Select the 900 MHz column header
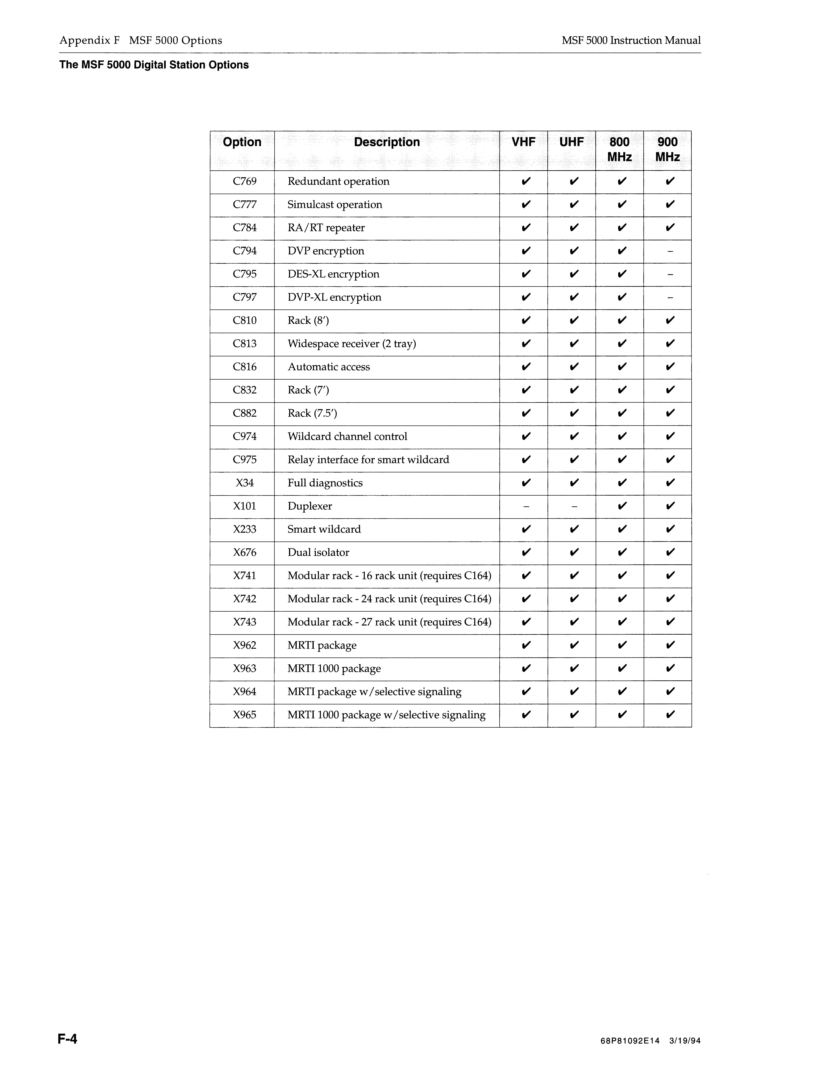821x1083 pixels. [x=667, y=149]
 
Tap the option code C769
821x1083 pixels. [x=245, y=182]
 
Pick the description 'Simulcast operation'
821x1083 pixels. [x=335, y=205]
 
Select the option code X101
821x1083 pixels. [x=245, y=506]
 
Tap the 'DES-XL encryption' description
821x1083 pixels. [x=333, y=274]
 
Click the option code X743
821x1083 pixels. [x=245, y=622]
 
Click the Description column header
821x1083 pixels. [x=386, y=142]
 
